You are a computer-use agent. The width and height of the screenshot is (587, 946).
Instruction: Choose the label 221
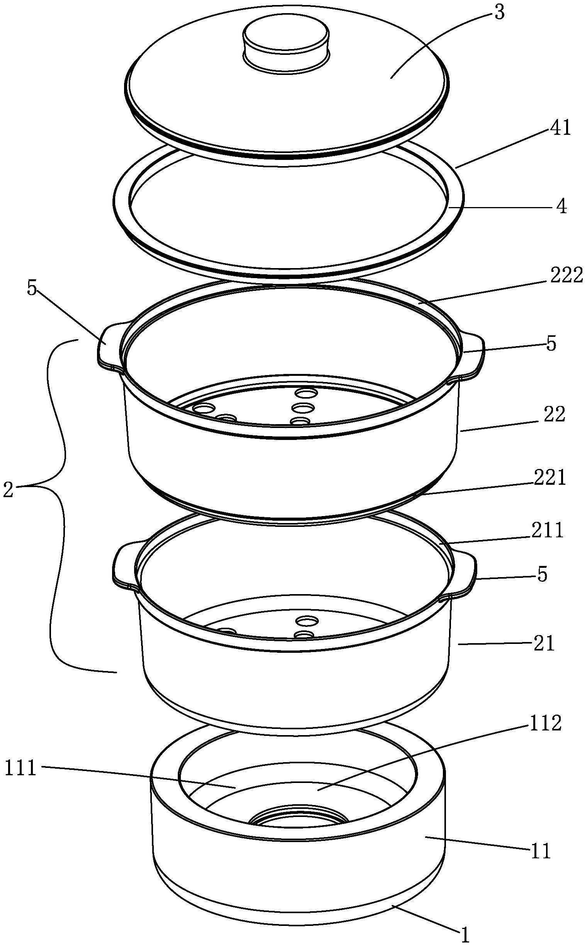549,478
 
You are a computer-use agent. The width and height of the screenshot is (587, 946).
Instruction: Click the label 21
543,644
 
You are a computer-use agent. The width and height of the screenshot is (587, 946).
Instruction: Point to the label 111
20,768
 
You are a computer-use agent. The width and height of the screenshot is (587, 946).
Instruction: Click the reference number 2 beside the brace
8,491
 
